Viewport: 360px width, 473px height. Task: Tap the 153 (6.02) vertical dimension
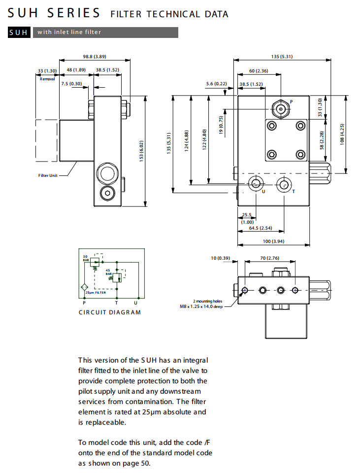[141, 152]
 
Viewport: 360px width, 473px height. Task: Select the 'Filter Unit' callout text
[48, 175]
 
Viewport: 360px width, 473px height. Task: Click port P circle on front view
[281, 109]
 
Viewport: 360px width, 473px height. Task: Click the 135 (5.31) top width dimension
[282, 56]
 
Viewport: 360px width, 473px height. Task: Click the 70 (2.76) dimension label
[269, 258]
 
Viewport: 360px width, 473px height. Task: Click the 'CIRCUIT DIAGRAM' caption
[110, 312]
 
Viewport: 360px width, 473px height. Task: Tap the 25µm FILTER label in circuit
[96, 293]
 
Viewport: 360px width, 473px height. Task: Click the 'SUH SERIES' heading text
[54, 13]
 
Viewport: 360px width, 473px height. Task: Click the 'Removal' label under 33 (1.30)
[48, 78]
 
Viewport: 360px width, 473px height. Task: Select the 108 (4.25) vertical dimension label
[341, 134]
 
